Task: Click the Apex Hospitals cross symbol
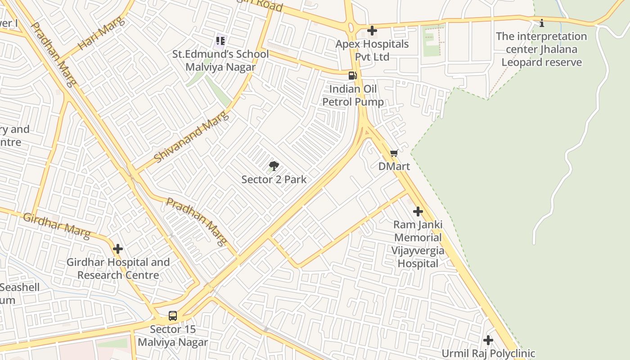click(x=372, y=31)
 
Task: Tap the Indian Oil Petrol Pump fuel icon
click(x=353, y=75)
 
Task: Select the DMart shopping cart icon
click(x=394, y=153)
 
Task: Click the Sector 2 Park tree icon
click(x=274, y=166)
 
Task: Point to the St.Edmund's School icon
click(x=220, y=41)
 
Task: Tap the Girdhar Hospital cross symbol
click(x=118, y=249)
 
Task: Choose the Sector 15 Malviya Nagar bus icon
click(x=173, y=316)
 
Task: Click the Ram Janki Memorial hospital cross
click(x=418, y=211)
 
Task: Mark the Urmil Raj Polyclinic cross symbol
click(x=488, y=340)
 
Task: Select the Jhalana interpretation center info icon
click(x=542, y=23)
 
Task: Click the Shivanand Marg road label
click(x=191, y=137)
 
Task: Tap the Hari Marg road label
click(x=100, y=35)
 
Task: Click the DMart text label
click(x=394, y=166)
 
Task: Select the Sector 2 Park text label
click(x=274, y=180)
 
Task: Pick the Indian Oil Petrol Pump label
click(x=353, y=95)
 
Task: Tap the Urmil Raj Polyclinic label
click(x=488, y=354)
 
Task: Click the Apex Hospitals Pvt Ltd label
click(x=372, y=50)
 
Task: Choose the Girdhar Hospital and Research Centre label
click(x=118, y=269)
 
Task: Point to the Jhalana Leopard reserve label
click(x=542, y=49)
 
